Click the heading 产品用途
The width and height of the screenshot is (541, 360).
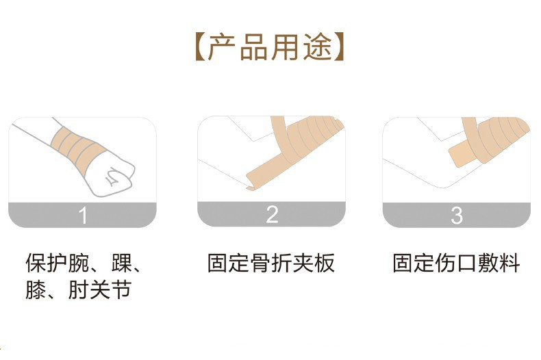pyautogui.click(x=270, y=47)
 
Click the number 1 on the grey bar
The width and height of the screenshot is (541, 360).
pyautogui.click(x=84, y=215)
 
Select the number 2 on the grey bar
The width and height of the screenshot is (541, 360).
pyautogui.click(x=272, y=215)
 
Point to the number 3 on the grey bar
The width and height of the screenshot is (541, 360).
pyautogui.click(x=457, y=215)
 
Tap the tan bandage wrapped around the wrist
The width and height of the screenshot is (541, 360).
pyautogui.click(x=74, y=144)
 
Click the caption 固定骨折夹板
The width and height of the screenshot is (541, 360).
pyautogui.click(x=271, y=263)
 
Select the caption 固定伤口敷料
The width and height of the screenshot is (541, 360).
pyautogui.click(x=456, y=263)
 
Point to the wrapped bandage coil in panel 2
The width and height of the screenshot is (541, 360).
pyautogui.click(x=312, y=140)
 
